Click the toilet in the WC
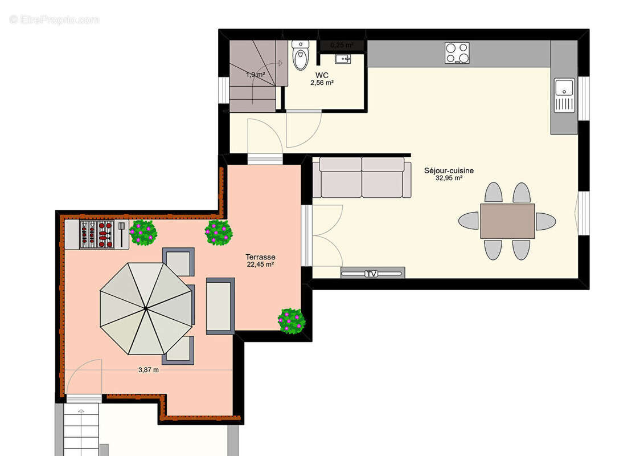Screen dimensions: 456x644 coord(300,55)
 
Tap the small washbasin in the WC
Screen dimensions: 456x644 coord(342,59)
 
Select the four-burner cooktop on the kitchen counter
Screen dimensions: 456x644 coord(457,53)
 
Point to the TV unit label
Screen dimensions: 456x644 coord(372,274)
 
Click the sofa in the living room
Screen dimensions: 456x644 coord(362,178)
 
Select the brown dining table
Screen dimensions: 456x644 coord(507,221)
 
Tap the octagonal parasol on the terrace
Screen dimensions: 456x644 coord(146,308)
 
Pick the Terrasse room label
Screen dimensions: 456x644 coord(260,257)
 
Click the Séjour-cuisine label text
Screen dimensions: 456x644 coord(449,170)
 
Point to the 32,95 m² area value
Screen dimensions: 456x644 coord(449,178)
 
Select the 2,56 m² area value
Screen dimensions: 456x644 coord(322,83)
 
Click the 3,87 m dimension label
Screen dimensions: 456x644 coord(149,370)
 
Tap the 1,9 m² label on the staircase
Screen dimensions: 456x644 coord(255,75)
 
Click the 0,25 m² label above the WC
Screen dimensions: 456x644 coord(342,44)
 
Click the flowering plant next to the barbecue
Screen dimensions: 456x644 coord(142,233)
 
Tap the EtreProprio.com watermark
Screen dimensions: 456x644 coord(55,19)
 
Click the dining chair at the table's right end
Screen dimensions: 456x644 coord(545,221)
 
